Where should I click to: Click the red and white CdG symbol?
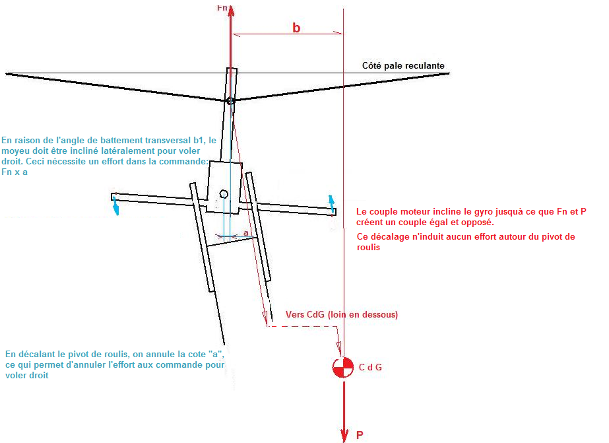(x=343, y=367)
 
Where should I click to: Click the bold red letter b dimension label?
(x=296, y=28)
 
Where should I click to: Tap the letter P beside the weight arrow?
(x=360, y=435)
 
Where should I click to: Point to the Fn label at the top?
(x=222, y=8)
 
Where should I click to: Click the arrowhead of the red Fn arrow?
(x=231, y=10)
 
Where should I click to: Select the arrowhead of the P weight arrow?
(x=344, y=435)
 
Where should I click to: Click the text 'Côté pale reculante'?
(x=403, y=65)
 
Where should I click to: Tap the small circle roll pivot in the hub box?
(x=224, y=194)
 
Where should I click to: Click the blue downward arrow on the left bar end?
(x=115, y=205)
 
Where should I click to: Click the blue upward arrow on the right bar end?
(x=332, y=204)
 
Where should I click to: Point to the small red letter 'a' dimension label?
(x=246, y=233)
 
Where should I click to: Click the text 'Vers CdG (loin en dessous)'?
(x=342, y=314)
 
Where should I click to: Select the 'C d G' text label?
(x=370, y=367)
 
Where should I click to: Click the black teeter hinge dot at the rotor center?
(x=230, y=100)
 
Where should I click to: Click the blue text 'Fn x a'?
(x=15, y=172)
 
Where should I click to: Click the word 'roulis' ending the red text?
(x=369, y=248)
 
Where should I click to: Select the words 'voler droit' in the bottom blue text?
(x=27, y=376)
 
